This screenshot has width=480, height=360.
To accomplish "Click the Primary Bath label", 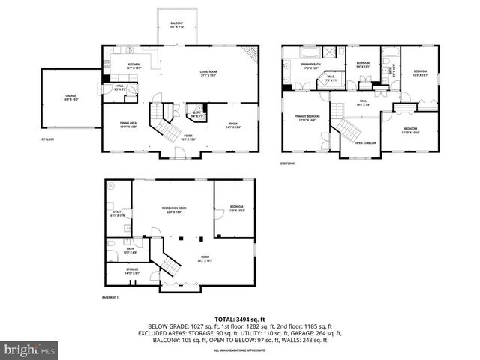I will point(310,67).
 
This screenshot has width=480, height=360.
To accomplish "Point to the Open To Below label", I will point(365,142).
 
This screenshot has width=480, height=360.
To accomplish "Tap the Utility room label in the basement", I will point(118,214).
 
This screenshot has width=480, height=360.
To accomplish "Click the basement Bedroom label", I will point(236,208).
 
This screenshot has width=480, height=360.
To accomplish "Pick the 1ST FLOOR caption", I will point(48,139).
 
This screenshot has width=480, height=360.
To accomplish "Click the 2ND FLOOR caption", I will point(288,163).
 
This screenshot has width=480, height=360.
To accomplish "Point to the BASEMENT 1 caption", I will point(111,297).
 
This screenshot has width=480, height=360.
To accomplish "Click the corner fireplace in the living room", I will point(252,54).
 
